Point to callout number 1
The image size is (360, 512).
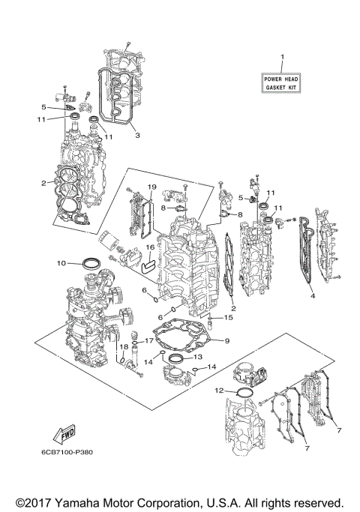[x=283, y=58]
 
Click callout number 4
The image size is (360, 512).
[x=312, y=295]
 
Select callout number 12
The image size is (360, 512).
[x=219, y=391]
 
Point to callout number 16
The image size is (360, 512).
[x=150, y=247]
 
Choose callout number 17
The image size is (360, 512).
[x=148, y=341]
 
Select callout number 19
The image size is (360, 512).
[x=151, y=187]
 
